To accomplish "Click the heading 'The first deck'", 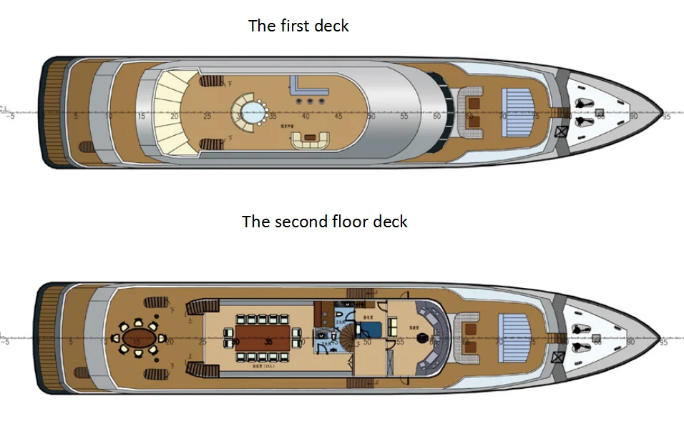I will click(x=298, y=26).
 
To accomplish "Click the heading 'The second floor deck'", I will click(x=324, y=222).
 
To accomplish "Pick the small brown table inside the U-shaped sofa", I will click(x=310, y=136).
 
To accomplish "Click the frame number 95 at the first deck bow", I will click(x=666, y=115).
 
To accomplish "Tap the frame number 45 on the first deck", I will click(x=338, y=116).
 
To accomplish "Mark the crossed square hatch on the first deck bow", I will click(x=562, y=132).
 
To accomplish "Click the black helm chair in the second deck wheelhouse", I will click(x=424, y=335).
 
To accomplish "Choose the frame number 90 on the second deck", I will click(x=631, y=342).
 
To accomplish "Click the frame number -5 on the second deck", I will click(x=6, y=342).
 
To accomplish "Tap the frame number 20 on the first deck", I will click(x=174, y=116).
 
